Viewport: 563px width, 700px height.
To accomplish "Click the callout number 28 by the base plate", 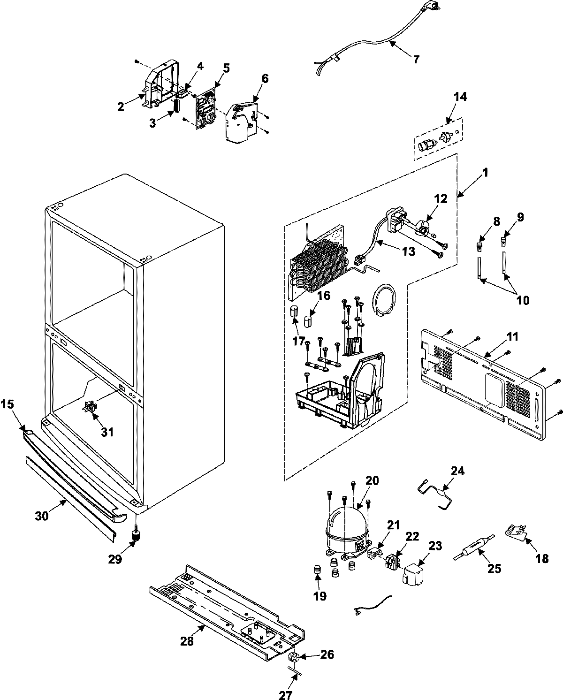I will pos(187,641).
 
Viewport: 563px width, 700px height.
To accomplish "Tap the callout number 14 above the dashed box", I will pos(460,97).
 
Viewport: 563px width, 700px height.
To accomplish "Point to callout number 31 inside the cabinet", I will pos(108,432).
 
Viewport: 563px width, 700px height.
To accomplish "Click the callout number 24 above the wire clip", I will pos(457,471).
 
